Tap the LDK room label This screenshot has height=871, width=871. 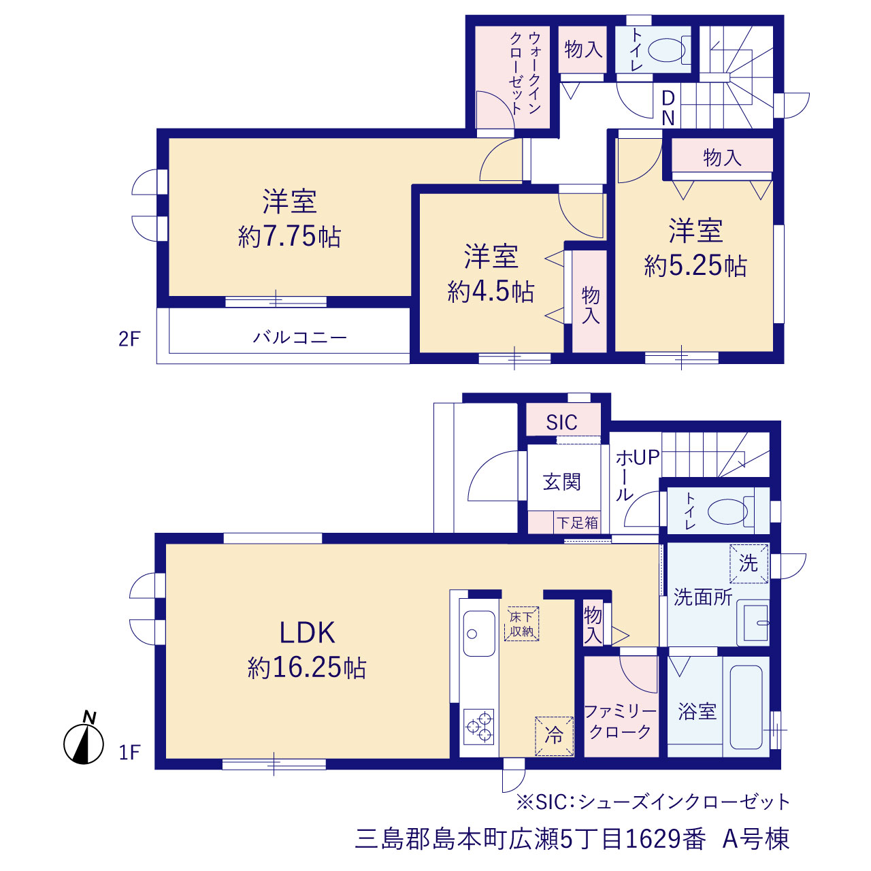(x=307, y=633)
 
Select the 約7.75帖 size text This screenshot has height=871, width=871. (x=289, y=236)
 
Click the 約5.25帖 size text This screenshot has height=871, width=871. (x=695, y=265)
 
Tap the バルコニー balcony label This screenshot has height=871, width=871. (x=299, y=338)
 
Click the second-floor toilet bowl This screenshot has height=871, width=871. (x=668, y=50)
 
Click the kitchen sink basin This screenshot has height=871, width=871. (x=479, y=634)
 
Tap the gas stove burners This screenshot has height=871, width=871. (x=479, y=727)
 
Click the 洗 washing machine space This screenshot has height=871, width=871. (x=749, y=563)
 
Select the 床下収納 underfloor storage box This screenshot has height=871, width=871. (x=522, y=624)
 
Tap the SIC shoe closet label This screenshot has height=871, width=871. (x=561, y=422)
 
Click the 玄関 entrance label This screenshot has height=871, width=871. (x=562, y=482)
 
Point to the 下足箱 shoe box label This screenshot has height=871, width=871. (x=577, y=523)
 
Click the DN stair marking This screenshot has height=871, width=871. (x=668, y=108)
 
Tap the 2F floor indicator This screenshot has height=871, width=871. (x=129, y=339)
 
